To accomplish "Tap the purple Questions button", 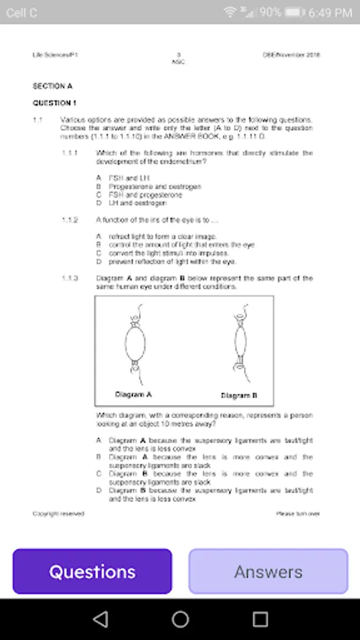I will point(92,571).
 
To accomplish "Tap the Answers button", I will point(268,571).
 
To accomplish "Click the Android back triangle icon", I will point(100,619).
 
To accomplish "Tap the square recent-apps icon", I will point(260,619).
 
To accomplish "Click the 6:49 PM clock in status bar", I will point(332,12).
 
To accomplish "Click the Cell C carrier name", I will point(22,12).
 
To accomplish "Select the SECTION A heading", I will point(53,86).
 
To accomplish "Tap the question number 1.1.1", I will point(70,153).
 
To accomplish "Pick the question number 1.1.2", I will point(70,220).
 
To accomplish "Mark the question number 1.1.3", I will point(70,278).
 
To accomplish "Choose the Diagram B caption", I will point(239,395).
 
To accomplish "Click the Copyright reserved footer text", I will point(58,513).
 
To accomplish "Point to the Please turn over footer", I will point(298,513).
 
